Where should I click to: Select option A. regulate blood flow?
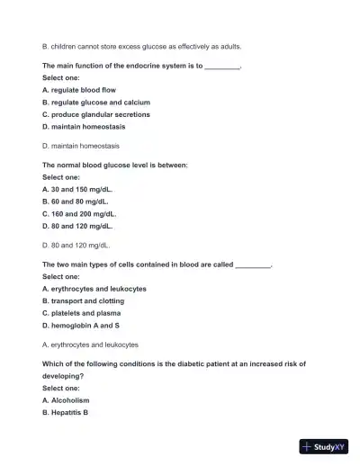(x=79, y=90)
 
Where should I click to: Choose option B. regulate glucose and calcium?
(x=95, y=103)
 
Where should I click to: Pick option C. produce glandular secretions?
(x=95, y=114)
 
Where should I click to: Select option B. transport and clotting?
(x=83, y=301)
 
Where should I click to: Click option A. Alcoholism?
(x=66, y=399)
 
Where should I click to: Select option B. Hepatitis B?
(x=65, y=412)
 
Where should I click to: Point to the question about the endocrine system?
(x=141, y=66)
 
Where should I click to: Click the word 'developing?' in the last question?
(x=62, y=376)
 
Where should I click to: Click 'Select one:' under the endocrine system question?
(x=61, y=78)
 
